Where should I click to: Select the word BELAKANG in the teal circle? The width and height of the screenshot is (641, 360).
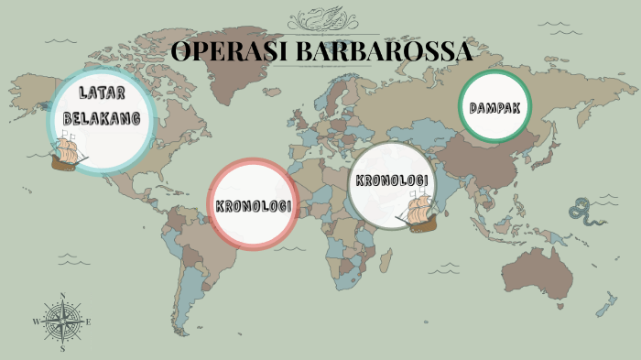tap(102, 118)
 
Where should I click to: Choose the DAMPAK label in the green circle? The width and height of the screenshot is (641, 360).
tap(495, 108)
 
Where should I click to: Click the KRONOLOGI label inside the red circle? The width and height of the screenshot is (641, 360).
tap(254, 205)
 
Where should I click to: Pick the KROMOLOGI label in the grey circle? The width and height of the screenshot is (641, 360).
tap(392, 180)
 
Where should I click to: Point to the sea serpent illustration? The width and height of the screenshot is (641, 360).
tap(582, 210)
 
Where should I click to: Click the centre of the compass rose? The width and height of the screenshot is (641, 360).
tap(62, 322)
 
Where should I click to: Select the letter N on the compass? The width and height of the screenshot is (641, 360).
tap(62, 295)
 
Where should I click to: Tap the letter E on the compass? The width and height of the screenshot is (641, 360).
tap(88, 322)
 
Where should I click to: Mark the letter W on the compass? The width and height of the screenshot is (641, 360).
tap(36, 322)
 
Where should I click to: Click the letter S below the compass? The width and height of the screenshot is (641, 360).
tap(62, 349)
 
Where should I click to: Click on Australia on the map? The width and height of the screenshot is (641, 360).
tap(539, 269)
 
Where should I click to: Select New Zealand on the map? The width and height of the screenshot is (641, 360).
tap(604, 306)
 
